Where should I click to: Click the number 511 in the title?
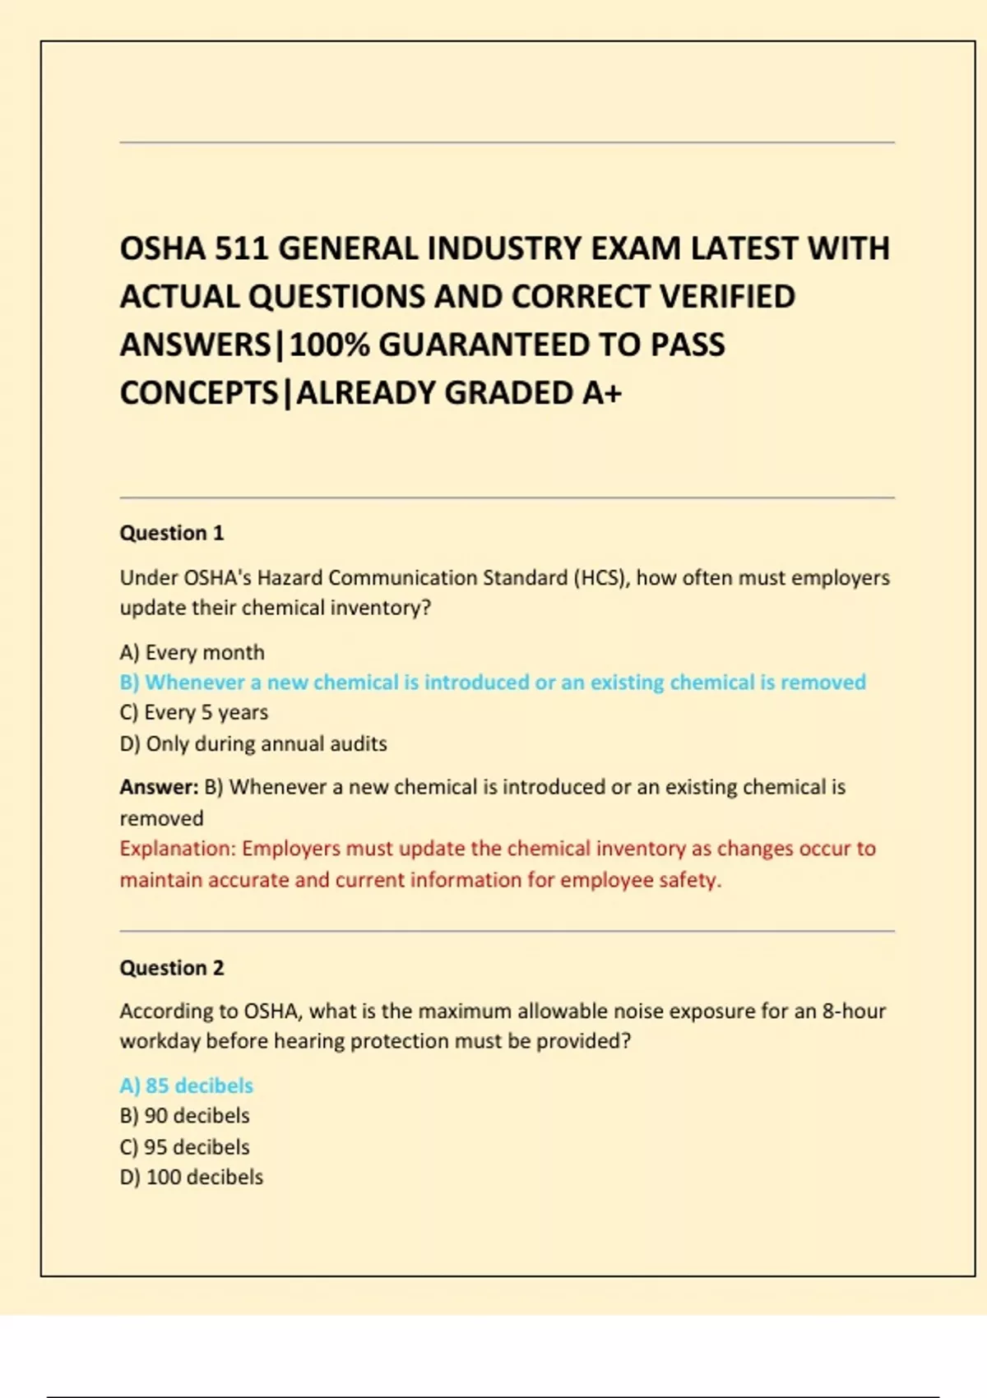tap(242, 248)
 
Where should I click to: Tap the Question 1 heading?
tap(171, 533)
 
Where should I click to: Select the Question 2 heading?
tap(171, 968)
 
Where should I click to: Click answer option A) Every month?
tap(192, 652)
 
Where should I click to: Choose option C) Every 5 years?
tap(193, 712)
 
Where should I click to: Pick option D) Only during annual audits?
tap(253, 743)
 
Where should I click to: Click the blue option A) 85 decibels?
tap(186, 1086)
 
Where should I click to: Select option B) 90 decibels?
tap(184, 1116)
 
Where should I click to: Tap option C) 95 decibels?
tap(184, 1146)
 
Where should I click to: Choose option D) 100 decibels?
tap(191, 1177)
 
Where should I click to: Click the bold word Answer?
tap(159, 787)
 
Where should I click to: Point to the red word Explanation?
tap(178, 849)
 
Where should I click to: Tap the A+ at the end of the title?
tap(602, 393)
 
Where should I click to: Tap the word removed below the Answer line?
tap(161, 818)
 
